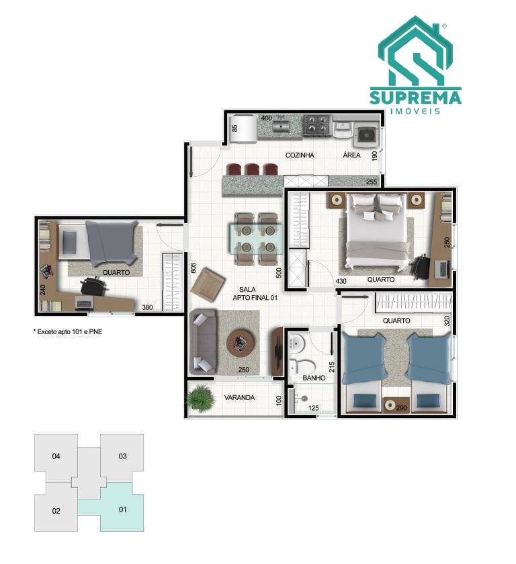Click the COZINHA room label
point(300,155)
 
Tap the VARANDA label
point(239,397)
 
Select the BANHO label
point(314,378)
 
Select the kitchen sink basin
point(282,126)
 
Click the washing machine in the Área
point(366,135)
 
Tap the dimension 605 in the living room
point(193,268)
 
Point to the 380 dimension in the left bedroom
point(147,307)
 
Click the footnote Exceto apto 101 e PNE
point(68,331)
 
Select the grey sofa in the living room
point(203,341)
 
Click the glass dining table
point(256,239)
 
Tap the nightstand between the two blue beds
point(396,405)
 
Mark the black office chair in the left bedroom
point(94,286)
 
